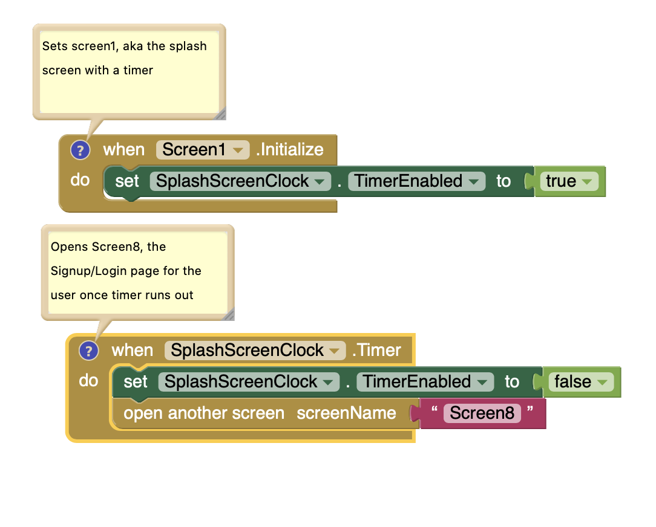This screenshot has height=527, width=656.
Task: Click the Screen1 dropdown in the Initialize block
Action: [203, 150]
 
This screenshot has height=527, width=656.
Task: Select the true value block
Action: [569, 181]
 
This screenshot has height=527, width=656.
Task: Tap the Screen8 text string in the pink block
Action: [482, 413]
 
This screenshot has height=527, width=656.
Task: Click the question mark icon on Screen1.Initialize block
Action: [80, 150]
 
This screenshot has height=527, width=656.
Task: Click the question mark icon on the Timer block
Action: [88, 351]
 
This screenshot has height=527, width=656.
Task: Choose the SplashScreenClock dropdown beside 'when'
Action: [255, 351]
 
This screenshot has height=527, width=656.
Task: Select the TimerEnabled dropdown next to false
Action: [425, 382]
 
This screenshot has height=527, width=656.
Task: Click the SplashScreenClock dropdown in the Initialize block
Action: [240, 181]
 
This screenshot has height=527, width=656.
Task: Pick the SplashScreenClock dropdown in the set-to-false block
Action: [249, 382]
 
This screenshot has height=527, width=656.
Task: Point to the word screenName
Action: [346, 413]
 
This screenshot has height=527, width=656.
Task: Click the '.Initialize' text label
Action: [290, 150]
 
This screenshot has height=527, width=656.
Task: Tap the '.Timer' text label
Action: [376, 351]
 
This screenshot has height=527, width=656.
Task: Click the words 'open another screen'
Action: [204, 413]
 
